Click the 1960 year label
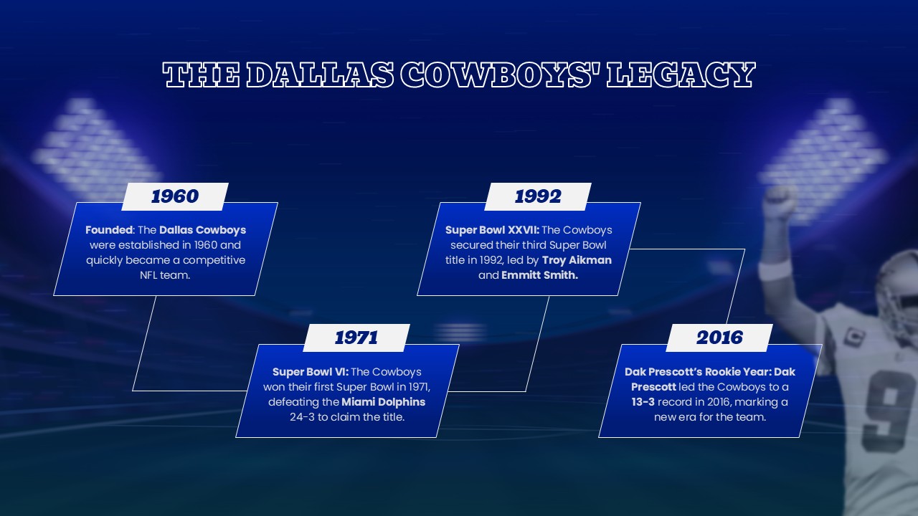pyautogui.click(x=174, y=196)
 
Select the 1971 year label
pyautogui.click(x=356, y=338)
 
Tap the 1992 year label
pyautogui.click(x=538, y=196)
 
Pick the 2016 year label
pyautogui.click(x=719, y=338)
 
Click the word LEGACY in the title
pyautogui.click(x=681, y=75)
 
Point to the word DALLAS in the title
pyautogui.click(x=319, y=75)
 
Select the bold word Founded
pyautogui.click(x=109, y=230)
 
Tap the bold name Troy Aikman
pyautogui.click(x=577, y=260)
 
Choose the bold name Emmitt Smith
pyautogui.click(x=539, y=275)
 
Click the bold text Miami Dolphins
pyautogui.click(x=383, y=402)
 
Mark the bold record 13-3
pyautogui.click(x=643, y=402)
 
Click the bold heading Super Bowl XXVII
pyautogui.click(x=492, y=230)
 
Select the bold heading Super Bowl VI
pyautogui.click(x=310, y=372)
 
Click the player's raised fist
pyautogui.click(x=780, y=203)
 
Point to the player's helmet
pyautogui.click(x=897, y=287)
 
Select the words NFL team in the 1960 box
pyautogui.click(x=165, y=275)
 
